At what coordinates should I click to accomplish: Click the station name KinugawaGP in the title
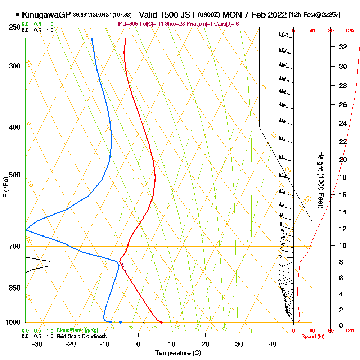click(x=46, y=15)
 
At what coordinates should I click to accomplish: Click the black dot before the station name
click(x=17, y=15)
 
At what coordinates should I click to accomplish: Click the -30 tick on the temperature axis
click(x=37, y=343)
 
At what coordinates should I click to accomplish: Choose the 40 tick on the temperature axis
click(x=273, y=343)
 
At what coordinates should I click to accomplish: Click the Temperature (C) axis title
click(x=178, y=353)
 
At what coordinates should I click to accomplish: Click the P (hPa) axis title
click(x=5, y=187)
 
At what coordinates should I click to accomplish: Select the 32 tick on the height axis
click(x=343, y=47)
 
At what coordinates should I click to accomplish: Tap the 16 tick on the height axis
click(x=343, y=195)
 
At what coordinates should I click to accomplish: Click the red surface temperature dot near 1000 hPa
click(x=161, y=322)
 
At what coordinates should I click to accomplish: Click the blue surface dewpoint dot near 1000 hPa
click(x=120, y=322)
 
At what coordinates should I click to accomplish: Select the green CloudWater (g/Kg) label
click(x=77, y=330)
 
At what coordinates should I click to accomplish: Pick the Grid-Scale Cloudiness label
click(x=81, y=336)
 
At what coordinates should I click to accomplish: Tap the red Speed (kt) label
click(x=312, y=336)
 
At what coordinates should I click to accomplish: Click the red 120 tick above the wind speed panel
click(x=349, y=31)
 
